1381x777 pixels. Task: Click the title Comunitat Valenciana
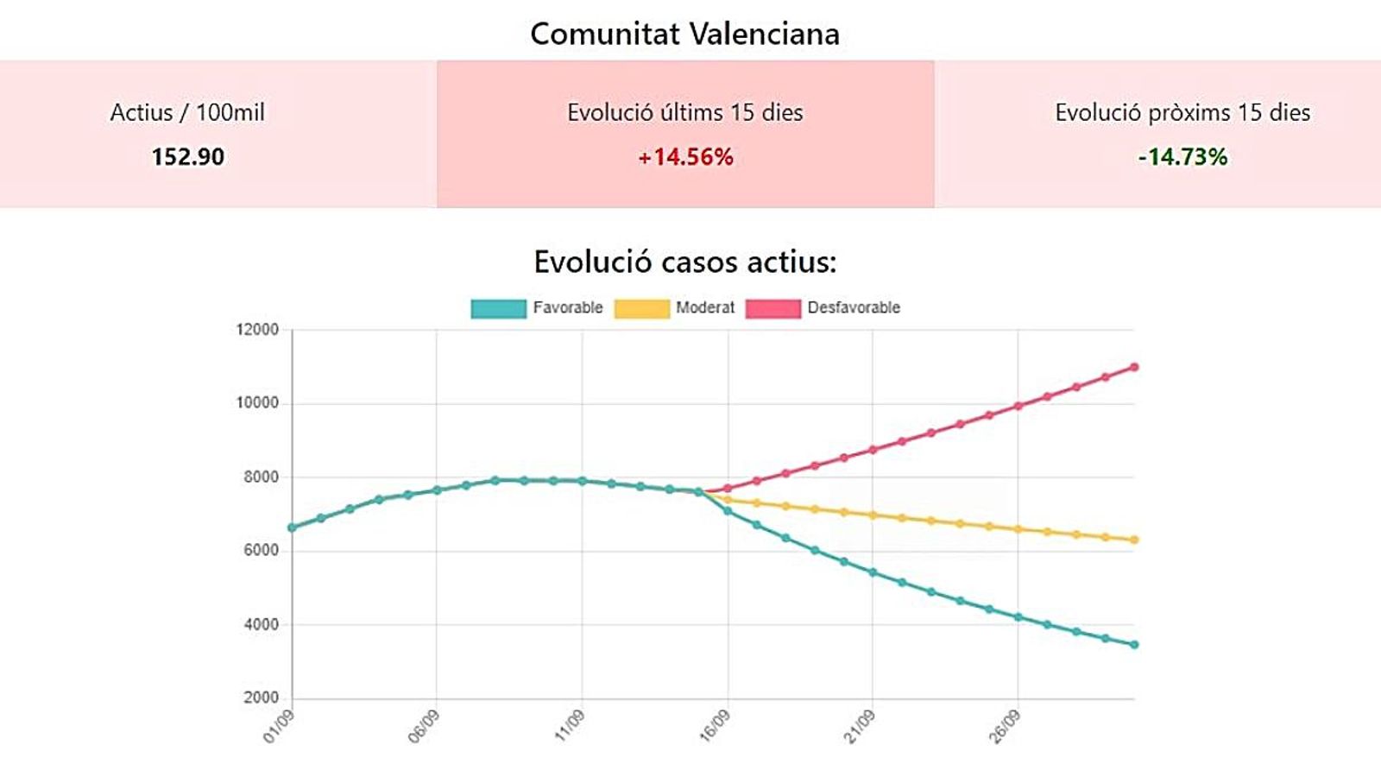684,35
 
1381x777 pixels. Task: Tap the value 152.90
187,157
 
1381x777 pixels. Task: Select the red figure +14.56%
685,157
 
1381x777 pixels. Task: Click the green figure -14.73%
1182,157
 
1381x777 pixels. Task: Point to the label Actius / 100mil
187,112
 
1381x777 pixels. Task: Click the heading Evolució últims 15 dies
685,112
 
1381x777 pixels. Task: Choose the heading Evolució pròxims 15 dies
1182,112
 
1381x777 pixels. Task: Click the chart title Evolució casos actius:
685,262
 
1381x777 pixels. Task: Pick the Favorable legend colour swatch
498,308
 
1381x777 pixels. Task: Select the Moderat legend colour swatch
641,308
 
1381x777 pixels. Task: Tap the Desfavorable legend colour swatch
772,308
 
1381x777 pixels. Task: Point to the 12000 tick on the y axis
257,330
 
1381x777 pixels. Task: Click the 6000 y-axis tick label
261,551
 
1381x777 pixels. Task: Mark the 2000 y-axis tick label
261,698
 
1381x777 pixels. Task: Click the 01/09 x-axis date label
279,727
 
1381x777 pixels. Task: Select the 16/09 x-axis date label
715,727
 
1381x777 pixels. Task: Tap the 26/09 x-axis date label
1005,727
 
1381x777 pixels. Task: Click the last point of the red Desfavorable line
1134,367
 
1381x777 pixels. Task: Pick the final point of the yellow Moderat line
1134,540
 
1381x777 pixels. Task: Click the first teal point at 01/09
292,527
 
